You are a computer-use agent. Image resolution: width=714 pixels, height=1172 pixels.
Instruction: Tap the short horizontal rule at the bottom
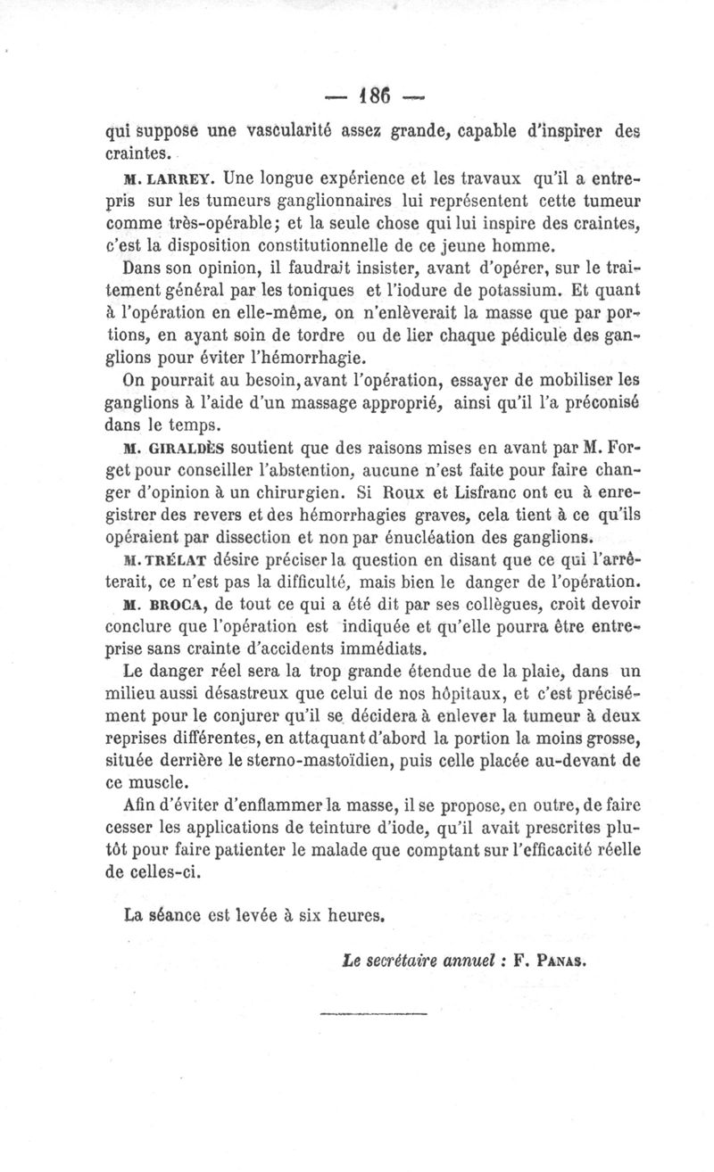point(372,1012)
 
